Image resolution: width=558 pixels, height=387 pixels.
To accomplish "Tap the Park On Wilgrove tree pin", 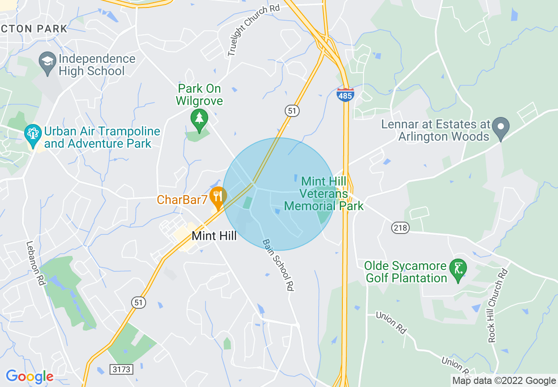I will [x=199, y=119].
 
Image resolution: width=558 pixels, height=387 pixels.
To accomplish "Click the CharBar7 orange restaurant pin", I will [x=217, y=196].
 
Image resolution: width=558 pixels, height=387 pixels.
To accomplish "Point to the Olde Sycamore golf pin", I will [x=458, y=268].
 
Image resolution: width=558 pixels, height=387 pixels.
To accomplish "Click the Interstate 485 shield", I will [x=345, y=95].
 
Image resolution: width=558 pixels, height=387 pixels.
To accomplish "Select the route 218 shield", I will [x=401, y=227].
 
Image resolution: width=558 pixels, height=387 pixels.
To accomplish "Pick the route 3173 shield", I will [x=121, y=369].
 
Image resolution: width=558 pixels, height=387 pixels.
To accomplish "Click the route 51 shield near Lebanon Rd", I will [x=138, y=302].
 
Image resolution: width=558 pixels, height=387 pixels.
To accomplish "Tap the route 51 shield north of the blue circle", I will [x=292, y=111].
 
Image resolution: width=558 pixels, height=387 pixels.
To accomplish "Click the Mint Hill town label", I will [x=214, y=236].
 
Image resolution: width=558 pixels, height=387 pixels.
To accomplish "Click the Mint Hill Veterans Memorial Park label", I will [x=324, y=193].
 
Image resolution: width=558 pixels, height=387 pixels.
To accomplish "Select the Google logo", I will [x=29, y=376].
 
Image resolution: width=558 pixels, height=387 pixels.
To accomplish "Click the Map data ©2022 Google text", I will [x=504, y=381].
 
